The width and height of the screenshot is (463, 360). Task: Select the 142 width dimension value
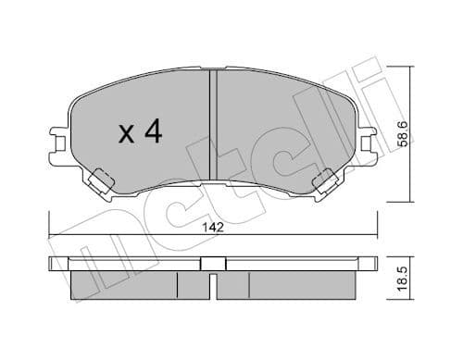click(212, 224)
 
